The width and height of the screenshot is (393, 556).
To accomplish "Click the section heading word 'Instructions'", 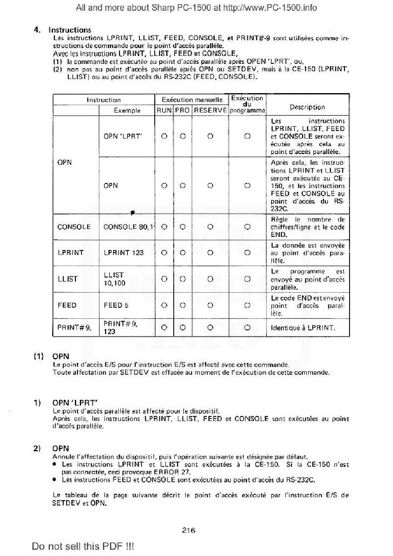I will tap(69, 30).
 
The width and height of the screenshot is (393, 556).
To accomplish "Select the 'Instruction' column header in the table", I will tap(103, 100).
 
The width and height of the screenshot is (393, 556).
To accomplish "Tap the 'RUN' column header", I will tap(164, 111).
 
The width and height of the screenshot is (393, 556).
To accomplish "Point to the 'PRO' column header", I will tap(182, 111).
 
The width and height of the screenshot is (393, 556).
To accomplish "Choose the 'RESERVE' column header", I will tap(210, 111).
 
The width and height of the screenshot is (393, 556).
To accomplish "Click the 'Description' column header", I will tap(307, 107).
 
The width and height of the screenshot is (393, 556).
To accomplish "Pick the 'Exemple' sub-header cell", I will tap(127, 111).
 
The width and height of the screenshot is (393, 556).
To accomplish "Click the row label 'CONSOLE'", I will tap(74, 227).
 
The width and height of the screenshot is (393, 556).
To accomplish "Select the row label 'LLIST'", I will tap(67, 279).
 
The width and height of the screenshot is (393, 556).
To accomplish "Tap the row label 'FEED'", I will tap(67, 305).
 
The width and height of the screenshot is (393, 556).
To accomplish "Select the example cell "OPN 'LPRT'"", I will tap(123, 136).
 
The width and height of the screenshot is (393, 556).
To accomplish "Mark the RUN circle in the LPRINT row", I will tap(164, 253).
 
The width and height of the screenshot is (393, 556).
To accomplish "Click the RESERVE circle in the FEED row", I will tap(210, 305).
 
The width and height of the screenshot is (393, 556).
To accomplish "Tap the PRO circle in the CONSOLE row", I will tap(182, 227).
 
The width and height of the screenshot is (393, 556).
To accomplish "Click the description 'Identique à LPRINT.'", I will tap(303, 328).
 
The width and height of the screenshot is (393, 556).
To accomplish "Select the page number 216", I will tap(189, 530).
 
